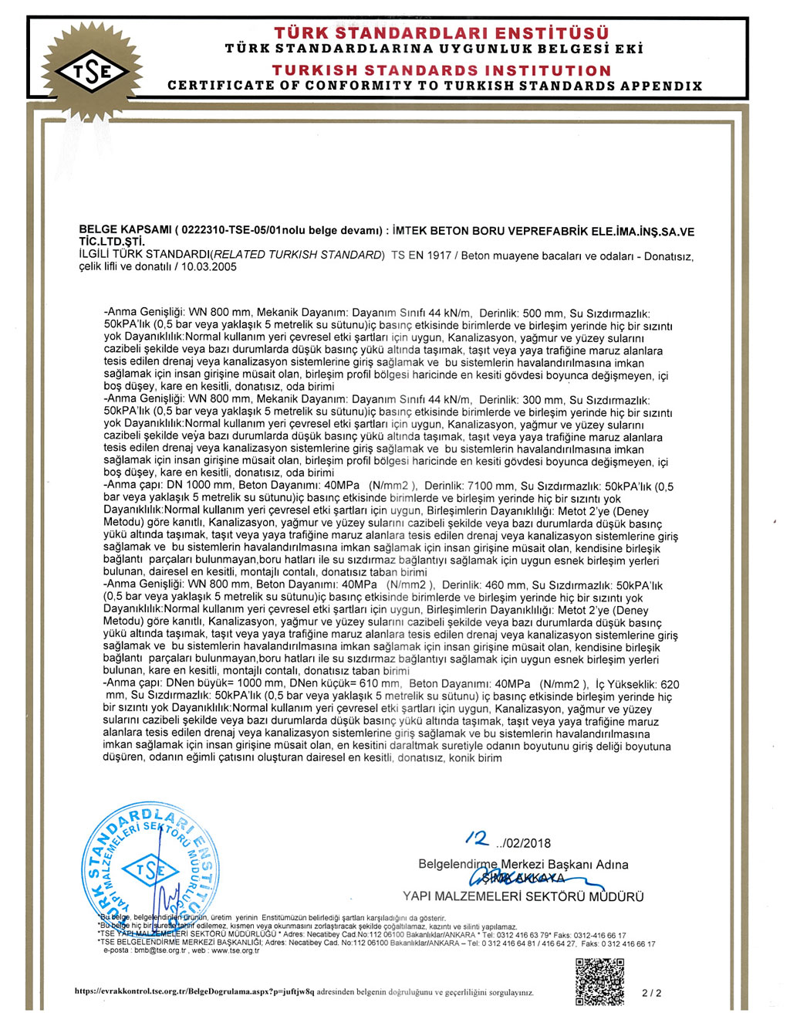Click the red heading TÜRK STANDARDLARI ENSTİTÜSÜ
click(x=441, y=33)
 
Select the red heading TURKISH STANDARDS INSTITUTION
click(x=441, y=70)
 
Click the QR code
click(x=599, y=981)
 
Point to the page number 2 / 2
click(x=652, y=994)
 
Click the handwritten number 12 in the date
click(x=478, y=838)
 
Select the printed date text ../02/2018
click(x=525, y=843)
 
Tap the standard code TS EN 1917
click(x=421, y=256)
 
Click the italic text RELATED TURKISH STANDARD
click(x=298, y=256)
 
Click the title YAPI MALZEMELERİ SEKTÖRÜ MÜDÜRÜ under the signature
click(x=523, y=896)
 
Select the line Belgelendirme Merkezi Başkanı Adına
click(x=523, y=864)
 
